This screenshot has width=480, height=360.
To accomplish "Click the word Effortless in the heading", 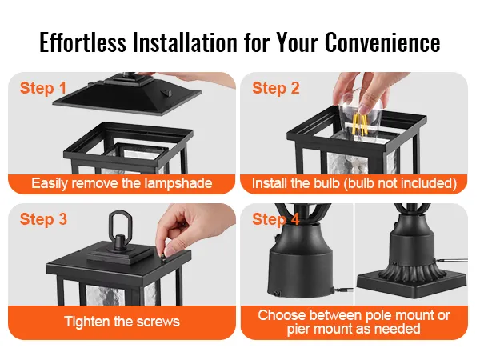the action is pos(82,42).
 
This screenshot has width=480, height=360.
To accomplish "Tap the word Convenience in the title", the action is pos(382,42).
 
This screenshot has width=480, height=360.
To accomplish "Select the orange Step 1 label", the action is pos(43,88).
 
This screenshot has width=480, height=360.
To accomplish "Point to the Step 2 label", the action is pos(276,88).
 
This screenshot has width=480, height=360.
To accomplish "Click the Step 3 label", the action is pos(43,219).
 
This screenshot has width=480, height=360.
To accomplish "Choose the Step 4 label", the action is pos(276,219).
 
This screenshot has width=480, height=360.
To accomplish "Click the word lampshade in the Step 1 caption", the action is pos(178,183).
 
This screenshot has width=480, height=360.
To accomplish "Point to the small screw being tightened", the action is pos(164,255).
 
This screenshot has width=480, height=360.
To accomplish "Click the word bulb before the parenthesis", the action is pos(326,183).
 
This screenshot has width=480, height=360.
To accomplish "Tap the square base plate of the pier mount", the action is pos(412,284).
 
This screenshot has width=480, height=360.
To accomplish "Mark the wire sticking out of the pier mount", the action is pos(452,260).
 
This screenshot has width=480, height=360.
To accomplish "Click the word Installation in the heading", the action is pos(185,42).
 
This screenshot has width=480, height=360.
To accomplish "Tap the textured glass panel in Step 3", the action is pos(106,295).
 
